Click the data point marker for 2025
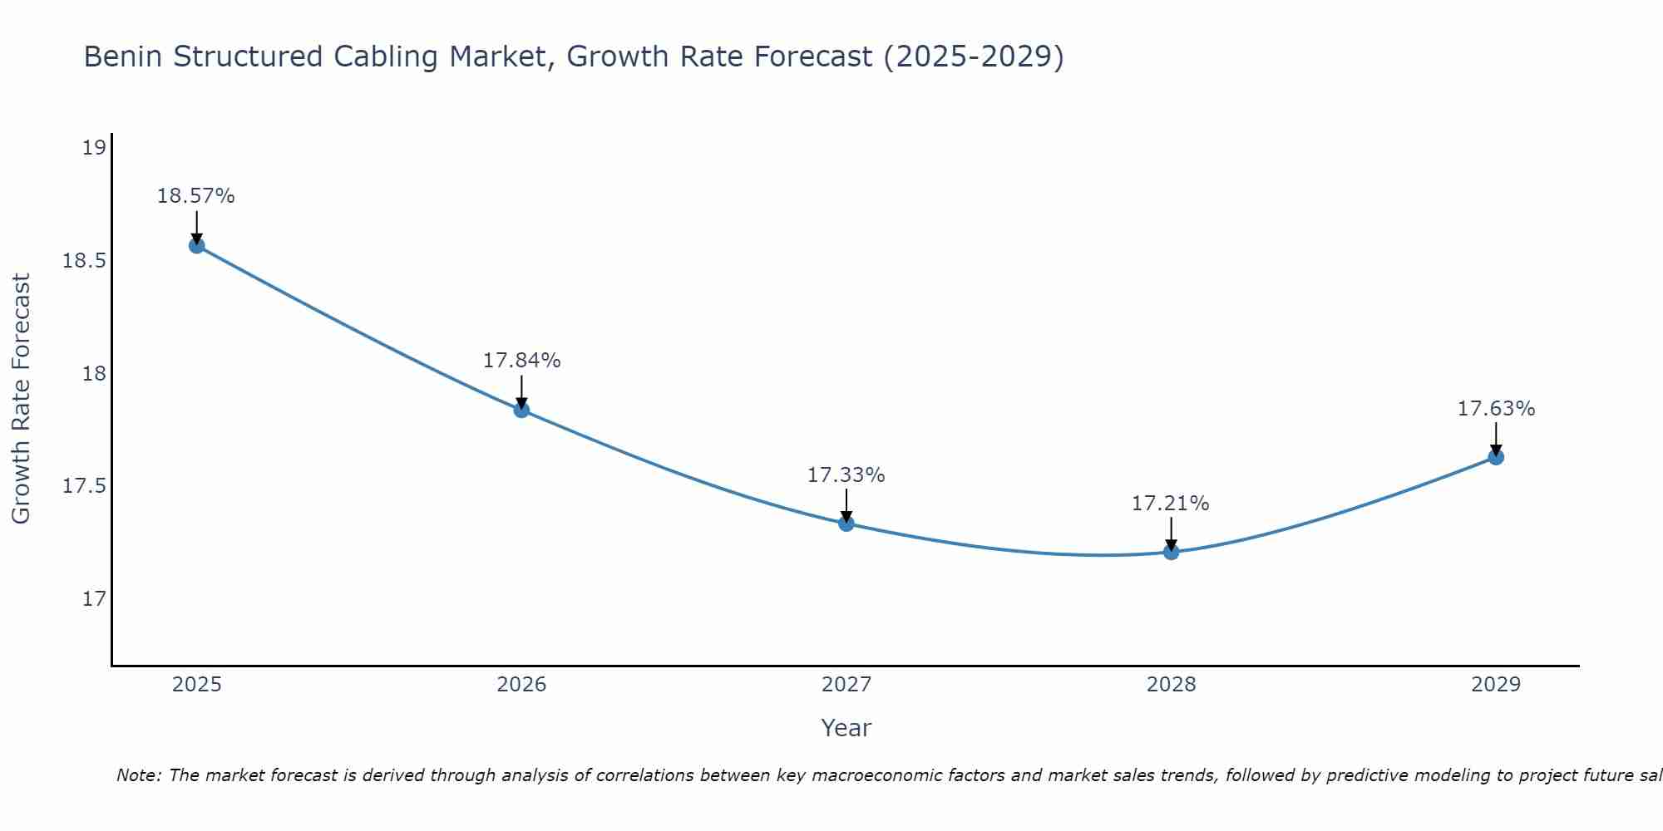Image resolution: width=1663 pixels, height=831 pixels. [196, 245]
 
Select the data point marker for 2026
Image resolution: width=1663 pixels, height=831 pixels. [521, 410]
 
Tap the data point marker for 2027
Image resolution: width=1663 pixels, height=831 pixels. [846, 524]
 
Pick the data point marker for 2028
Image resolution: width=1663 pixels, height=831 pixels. [1171, 552]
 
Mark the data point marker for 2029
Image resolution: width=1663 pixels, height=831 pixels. [1496, 457]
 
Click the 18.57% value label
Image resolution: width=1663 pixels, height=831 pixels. [196, 196]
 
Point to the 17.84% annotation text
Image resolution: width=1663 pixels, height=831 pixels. [521, 361]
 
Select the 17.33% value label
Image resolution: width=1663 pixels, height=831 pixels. [846, 475]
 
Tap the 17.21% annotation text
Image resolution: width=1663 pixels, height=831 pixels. [1171, 504]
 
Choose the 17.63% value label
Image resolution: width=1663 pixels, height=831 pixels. [1496, 409]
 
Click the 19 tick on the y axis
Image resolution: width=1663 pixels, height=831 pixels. [94, 148]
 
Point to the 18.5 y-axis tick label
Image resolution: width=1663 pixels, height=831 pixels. [85, 261]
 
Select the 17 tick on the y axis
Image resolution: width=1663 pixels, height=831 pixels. [94, 598]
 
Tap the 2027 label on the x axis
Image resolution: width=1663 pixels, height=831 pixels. [846, 685]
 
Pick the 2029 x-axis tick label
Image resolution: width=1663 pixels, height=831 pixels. [1496, 685]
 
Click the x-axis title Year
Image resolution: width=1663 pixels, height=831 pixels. [846, 728]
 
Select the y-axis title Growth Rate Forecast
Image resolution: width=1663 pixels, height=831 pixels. [21, 399]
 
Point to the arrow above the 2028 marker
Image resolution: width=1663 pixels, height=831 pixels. [1171, 533]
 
